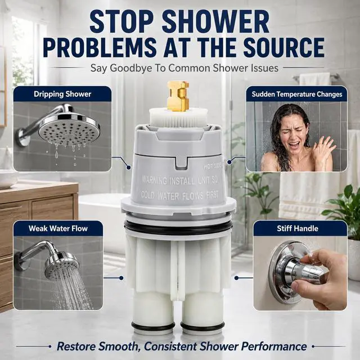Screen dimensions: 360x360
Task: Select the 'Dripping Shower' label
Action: point(62,94)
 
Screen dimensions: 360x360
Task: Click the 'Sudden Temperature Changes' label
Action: point(297,94)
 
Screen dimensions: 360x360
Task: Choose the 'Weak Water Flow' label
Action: point(58,228)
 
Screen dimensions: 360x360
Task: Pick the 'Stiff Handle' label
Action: point(298,228)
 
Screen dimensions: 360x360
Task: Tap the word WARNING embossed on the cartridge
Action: point(154,180)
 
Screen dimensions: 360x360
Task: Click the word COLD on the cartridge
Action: point(147,195)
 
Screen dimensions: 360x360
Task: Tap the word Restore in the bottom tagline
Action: point(78,346)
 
